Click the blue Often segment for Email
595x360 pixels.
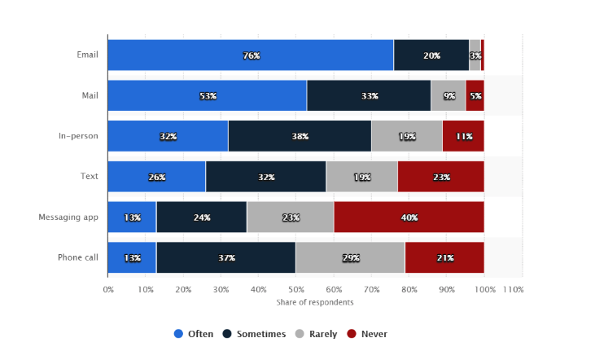click(250, 55)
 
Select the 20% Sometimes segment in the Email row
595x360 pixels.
click(431, 55)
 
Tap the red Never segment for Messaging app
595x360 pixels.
click(409, 217)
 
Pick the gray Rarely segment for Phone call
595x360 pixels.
click(350, 257)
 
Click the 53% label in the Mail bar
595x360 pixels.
click(208, 96)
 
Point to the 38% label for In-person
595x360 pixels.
click(300, 136)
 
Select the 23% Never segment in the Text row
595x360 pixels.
click(440, 177)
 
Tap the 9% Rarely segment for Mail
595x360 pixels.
click(448, 96)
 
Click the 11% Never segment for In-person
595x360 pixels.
click(463, 136)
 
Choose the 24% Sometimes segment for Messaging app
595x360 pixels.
click(202, 217)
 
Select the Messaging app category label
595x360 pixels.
click(68, 217)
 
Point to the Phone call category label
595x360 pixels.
click(77, 257)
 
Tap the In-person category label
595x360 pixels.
click(78, 136)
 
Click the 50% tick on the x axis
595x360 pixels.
click(296, 289)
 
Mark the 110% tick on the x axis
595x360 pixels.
click(513, 289)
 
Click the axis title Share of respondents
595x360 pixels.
click(315, 302)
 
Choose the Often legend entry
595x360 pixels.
click(194, 334)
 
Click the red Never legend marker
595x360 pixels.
click(352, 334)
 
